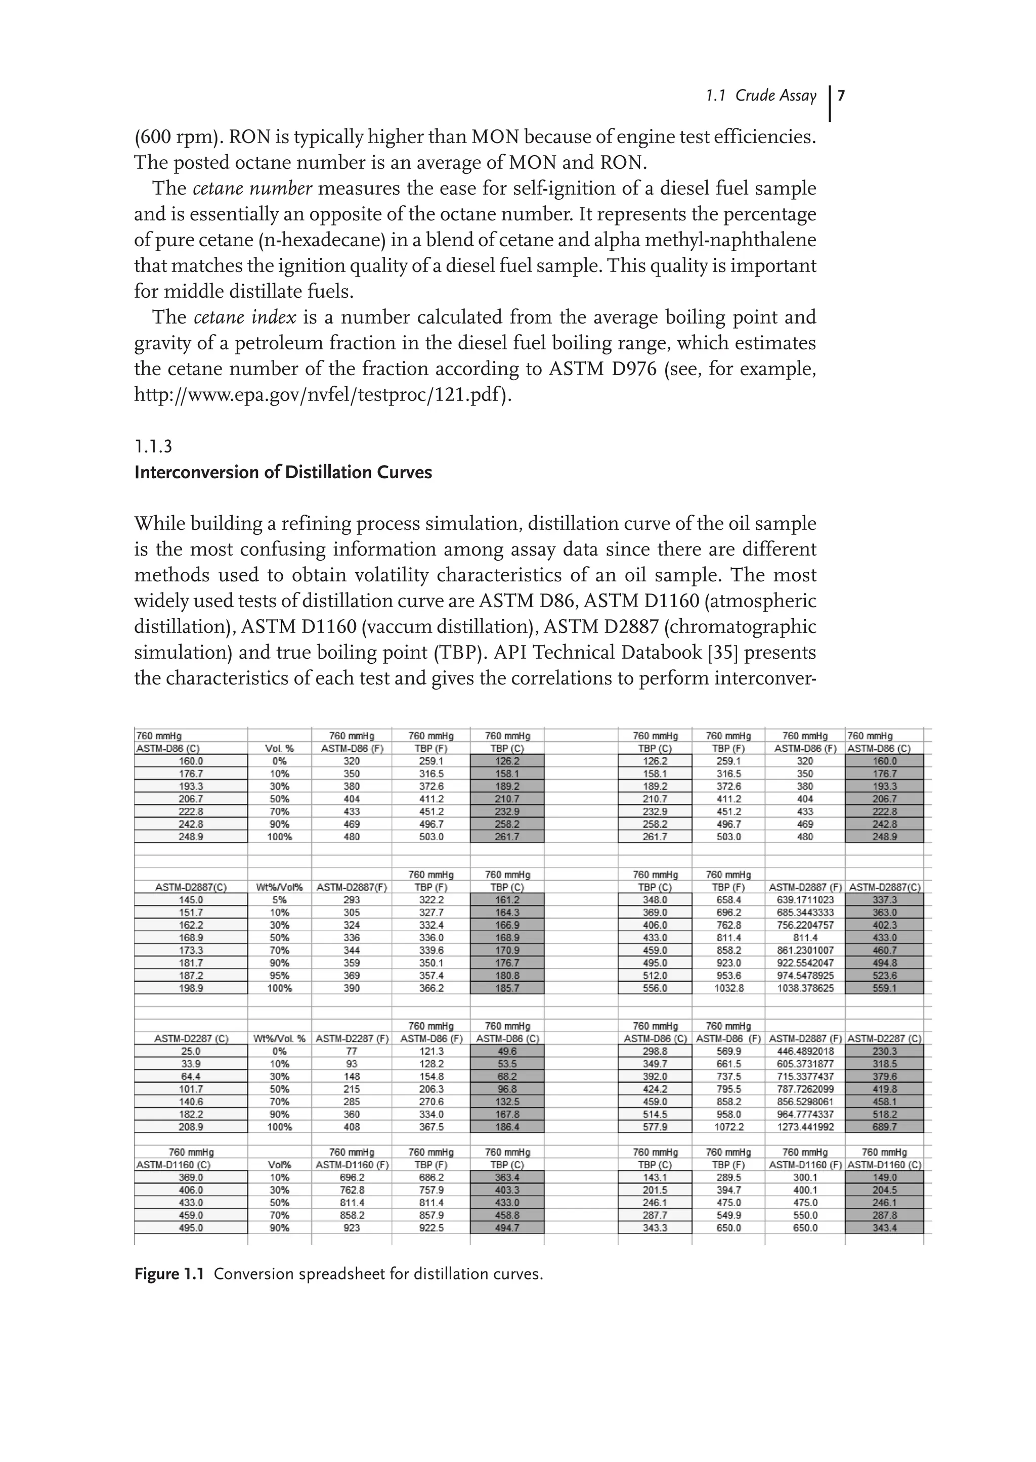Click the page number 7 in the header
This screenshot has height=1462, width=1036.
841,96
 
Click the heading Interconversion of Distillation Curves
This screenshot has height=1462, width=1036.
283,473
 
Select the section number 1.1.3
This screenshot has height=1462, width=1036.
153,446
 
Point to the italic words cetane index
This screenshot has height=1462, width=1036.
244,317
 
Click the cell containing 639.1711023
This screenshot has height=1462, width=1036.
804,900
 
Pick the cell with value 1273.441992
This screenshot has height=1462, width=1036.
804,1127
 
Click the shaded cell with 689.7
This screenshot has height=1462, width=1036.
884,1127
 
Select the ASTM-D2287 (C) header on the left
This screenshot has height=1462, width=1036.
191,1039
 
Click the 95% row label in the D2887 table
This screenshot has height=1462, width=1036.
279,976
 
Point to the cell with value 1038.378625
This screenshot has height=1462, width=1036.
804,988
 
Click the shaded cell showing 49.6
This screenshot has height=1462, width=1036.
507,1052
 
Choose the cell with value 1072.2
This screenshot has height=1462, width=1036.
728,1127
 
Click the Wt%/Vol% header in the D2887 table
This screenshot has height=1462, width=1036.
279,887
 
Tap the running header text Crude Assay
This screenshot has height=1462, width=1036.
775,96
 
